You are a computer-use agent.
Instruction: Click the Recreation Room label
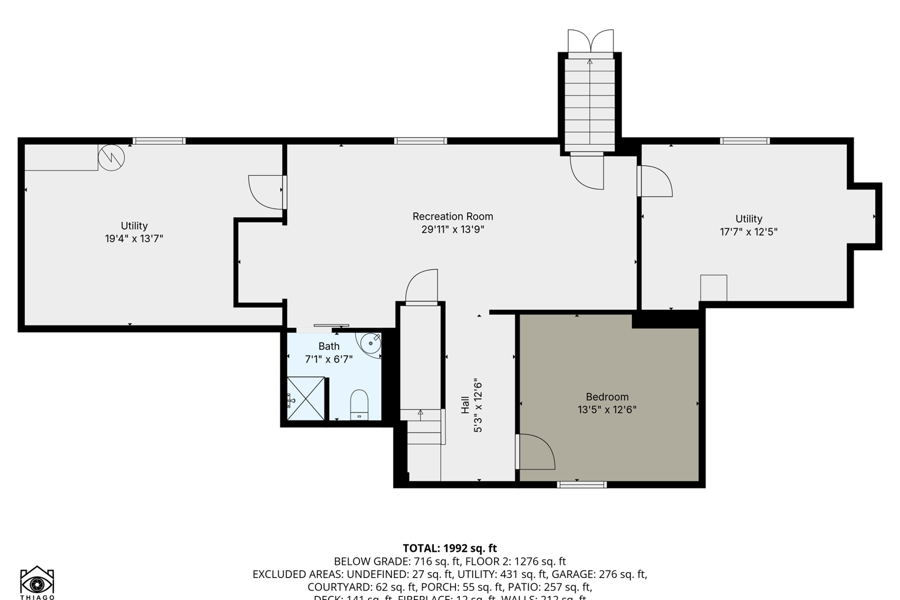tap(452, 216)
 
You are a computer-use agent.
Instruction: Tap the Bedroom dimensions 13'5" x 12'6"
tap(607, 410)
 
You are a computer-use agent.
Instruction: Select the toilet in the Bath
tap(359, 405)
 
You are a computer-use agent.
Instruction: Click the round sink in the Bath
tap(370, 343)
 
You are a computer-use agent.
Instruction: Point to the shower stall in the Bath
tap(305, 398)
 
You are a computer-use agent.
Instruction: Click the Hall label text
tap(465, 405)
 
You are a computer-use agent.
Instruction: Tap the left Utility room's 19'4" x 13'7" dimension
tap(134, 239)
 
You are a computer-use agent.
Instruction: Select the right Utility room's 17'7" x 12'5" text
tap(748, 232)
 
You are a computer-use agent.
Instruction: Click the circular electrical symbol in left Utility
tap(111, 157)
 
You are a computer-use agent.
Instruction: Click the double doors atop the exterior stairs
tap(590, 41)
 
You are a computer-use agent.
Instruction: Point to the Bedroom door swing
tap(536, 452)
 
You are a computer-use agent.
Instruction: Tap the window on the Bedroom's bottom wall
tap(581, 484)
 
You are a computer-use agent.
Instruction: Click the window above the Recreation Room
tap(420, 141)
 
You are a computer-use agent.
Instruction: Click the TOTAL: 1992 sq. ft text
tap(449, 548)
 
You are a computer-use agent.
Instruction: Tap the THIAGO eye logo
tap(37, 582)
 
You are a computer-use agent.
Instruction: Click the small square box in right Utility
tap(713, 288)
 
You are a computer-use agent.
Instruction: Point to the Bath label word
tap(328, 346)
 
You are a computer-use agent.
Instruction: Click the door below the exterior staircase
tap(588, 171)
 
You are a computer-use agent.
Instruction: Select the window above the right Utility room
tap(744, 141)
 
